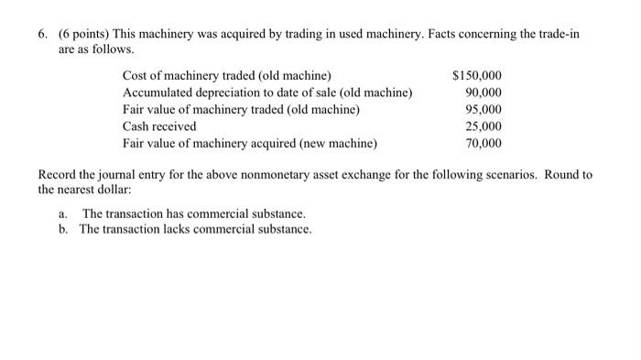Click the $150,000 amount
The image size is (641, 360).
(x=477, y=75)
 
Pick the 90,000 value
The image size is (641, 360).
(x=483, y=93)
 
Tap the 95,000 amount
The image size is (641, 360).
(x=483, y=110)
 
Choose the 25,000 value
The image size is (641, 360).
(x=483, y=126)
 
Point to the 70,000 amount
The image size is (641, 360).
(x=483, y=144)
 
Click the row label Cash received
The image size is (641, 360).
(x=159, y=126)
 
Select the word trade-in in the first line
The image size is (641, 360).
(x=560, y=33)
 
